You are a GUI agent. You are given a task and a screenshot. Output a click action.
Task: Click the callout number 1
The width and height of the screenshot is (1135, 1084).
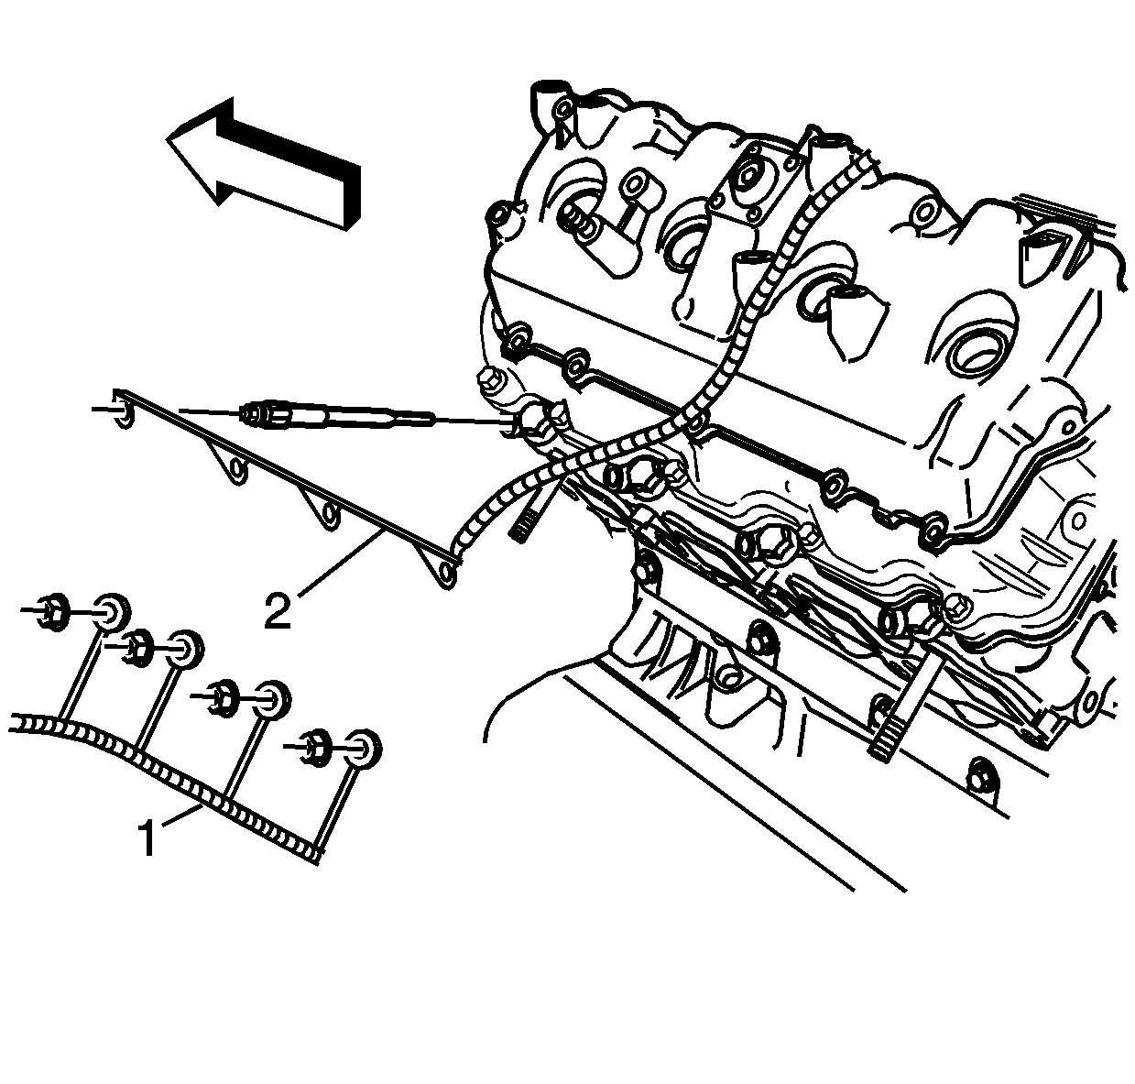(147, 838)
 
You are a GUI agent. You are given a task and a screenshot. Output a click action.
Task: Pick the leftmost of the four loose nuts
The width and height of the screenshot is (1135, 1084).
(52, 611)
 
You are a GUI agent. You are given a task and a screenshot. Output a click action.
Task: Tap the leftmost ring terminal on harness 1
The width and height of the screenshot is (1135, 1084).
(111, 612)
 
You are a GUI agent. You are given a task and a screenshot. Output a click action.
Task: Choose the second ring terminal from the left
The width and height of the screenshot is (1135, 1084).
(187, 648)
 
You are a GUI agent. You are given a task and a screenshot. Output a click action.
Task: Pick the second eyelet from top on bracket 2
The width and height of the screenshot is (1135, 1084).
(236, 468)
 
